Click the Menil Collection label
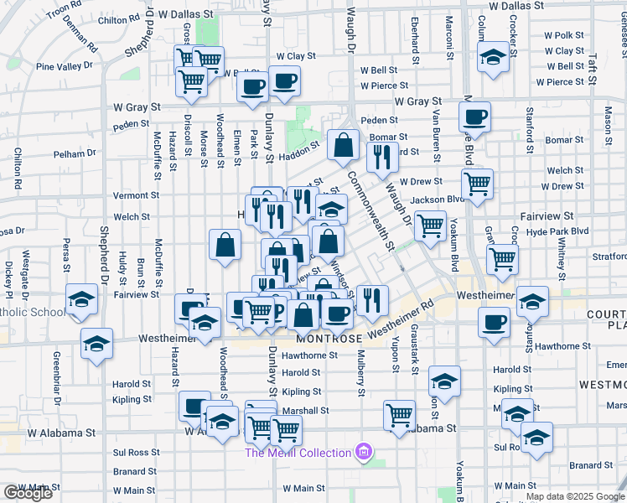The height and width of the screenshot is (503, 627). click(298, 454)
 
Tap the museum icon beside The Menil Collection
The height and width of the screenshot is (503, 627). click(362, 454)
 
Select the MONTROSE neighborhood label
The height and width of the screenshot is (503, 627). click(328, 338)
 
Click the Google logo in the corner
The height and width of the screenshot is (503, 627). click(28, 493)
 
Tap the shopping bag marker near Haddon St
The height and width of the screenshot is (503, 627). click(343, 145)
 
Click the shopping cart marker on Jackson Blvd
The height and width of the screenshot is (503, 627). click(430, 224)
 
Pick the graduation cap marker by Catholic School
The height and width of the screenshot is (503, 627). click(81, 300)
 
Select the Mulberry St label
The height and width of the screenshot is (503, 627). click(361, 374)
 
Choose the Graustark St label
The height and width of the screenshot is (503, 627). click(414, 348)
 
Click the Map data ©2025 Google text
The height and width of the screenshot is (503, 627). click(575, 496)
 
